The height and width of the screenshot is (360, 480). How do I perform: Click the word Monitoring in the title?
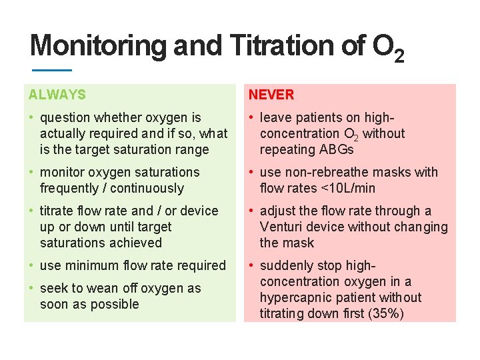pos(99,46)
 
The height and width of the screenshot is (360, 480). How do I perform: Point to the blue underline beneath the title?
pos(51,70)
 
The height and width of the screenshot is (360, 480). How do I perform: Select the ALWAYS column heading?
pos(57,95)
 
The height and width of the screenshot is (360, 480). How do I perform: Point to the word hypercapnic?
pos(294,297)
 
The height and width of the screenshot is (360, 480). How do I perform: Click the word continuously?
pos(145,188)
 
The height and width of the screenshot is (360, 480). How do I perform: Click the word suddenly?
pos(285,265)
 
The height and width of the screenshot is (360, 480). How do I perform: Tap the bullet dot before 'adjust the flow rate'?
pos(251,211)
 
